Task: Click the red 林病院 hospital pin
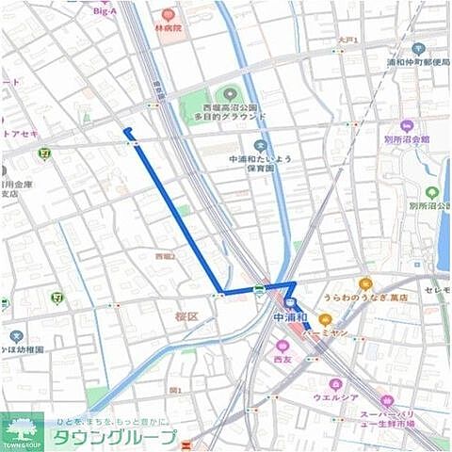coord(168,15)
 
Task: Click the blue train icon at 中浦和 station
coord(291,303)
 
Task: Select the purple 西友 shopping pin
coord(282,346)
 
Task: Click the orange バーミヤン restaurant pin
coord(325,319)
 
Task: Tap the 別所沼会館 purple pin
coord(407,126)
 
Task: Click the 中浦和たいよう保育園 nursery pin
coord(260,146)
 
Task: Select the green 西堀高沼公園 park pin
coord(226,94)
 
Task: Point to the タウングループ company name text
coord(113,438)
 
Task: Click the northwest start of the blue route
coord(126,131)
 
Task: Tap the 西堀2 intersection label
coord(165,255)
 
